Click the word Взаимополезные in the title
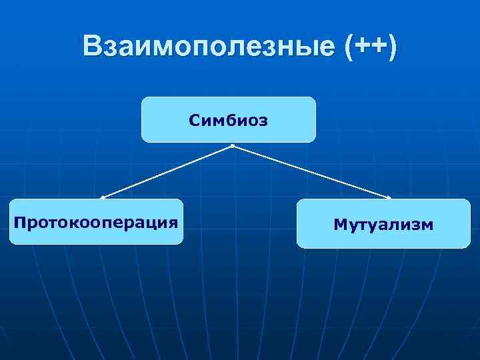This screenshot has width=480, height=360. click(209, 46)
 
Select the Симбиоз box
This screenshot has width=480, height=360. click(228, 120)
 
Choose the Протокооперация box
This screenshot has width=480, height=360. click(96, 221)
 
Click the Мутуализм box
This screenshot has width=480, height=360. click(383, 224)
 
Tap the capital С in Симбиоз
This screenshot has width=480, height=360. click(194, 121)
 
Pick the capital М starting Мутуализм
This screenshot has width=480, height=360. click(339, 225)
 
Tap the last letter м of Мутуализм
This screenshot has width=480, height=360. click(427, 225)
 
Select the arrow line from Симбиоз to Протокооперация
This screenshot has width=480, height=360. click(167, 172)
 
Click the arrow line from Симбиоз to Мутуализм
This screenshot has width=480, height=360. click(311, 172)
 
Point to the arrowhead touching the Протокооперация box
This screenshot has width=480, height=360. click(103, 197)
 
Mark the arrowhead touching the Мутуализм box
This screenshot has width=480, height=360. click(389, 197)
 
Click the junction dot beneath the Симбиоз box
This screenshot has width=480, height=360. click(232, 145)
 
